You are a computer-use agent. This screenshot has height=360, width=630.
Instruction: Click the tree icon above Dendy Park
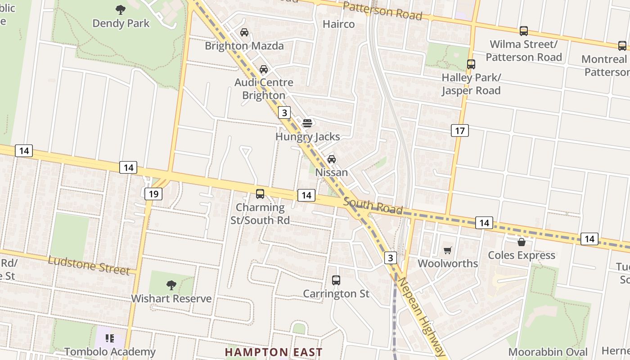tap(121, 9)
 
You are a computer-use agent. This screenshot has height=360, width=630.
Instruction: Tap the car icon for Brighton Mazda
tap(244, 32)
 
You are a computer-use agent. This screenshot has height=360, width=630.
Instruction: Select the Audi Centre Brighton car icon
tap(264, 69)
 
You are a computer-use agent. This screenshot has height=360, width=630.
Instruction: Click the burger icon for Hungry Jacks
tap(307, 123)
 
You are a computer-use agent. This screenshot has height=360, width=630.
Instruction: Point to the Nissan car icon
tap(332, 159)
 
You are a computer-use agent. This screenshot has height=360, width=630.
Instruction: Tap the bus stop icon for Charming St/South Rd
tap(260, 194)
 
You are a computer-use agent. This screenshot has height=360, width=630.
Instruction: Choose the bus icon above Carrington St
tap(336, 280)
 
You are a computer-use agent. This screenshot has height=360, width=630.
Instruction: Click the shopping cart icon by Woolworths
tap(447, 250)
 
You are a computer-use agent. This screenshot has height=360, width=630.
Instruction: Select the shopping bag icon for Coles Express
tap(522, 242)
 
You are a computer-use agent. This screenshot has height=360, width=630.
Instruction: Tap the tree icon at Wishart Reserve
tap(171, 285)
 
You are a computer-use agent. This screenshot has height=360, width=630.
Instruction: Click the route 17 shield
tap(459, 130)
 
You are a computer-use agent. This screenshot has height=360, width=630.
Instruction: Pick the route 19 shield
tap(153, 194)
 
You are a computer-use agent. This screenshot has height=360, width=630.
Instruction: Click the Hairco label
tap(339, 24)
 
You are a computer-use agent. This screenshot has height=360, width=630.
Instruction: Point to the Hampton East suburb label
tap(274, 352)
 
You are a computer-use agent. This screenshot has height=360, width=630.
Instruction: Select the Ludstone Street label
tap(88, 265)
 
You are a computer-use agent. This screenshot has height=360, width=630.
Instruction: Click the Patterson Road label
tap(382, 11)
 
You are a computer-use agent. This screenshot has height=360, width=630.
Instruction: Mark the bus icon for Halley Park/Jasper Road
tap(471, 64)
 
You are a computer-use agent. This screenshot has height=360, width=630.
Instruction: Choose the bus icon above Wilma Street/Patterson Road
tap(524, 31)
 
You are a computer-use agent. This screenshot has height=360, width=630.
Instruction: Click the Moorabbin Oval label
tap(548, 352)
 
